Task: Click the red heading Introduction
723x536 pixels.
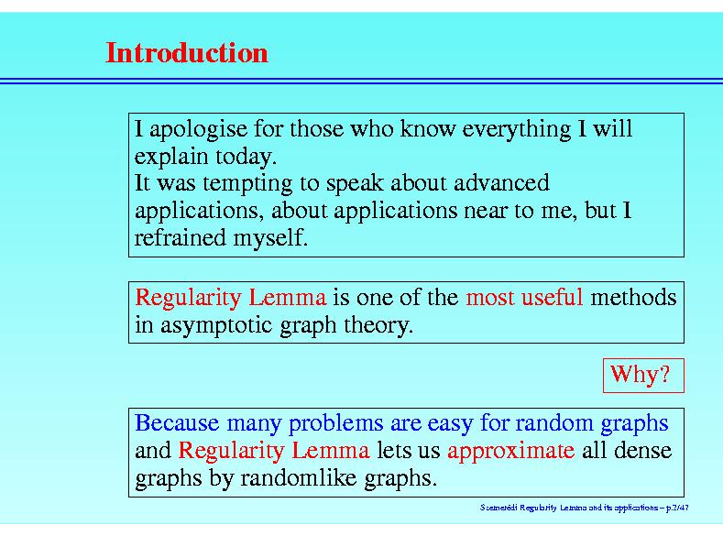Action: click(187, 53)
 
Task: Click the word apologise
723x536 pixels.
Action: click(198, 129)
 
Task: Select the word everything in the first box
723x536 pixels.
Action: click(517, 129)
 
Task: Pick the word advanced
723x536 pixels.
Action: click(501, 183)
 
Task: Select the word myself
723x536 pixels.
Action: click(270, 239)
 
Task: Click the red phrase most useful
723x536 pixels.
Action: click(525, 297)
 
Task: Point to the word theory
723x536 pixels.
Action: click(378, 326)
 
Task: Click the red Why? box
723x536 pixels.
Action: click(643, 375)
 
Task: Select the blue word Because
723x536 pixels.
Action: click(177, 423)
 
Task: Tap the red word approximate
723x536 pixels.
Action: click(511, 451)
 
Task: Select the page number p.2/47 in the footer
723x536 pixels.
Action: click(677, 508)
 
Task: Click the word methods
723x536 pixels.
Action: click(633, 297)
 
